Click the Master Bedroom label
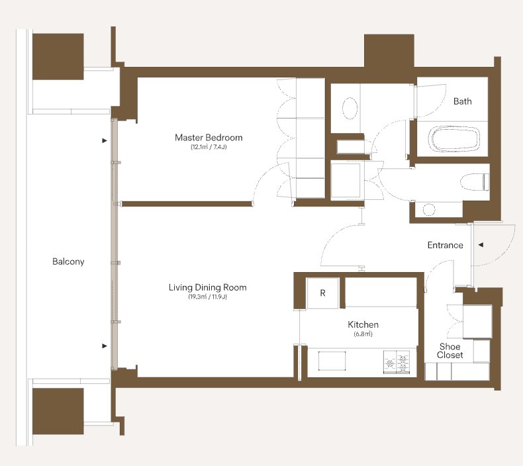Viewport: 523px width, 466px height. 209,138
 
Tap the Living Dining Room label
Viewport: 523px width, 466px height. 207,287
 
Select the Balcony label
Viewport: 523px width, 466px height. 68,261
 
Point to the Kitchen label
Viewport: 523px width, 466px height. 363,324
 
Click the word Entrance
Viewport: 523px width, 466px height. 446,245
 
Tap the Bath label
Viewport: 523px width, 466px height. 462,101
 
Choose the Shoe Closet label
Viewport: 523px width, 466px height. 450,351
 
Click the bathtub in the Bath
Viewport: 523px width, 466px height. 454,139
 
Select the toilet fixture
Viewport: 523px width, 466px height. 475,182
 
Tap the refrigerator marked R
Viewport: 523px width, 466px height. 322,293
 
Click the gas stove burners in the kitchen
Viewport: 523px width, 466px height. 397,361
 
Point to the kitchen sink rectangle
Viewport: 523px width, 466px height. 332,361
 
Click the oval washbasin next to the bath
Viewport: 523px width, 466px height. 350,108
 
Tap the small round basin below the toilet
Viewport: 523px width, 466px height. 429,210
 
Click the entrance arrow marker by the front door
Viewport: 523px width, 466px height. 481,245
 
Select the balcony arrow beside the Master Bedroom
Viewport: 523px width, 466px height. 105,141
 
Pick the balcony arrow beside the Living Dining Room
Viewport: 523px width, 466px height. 105,346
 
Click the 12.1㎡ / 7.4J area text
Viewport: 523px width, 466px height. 209,147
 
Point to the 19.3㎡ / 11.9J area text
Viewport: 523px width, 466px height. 207,297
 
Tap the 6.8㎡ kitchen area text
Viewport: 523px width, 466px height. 363,334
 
